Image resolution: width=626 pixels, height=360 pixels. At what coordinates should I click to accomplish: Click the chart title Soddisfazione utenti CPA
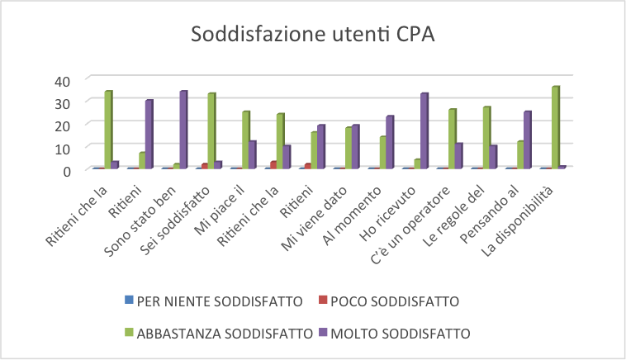click(x=313, y=36)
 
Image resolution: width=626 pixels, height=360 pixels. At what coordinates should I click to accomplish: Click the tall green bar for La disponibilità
click(x=556, y=127)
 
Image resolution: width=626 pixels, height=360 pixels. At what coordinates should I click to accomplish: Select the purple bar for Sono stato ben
click(x=183, y=130)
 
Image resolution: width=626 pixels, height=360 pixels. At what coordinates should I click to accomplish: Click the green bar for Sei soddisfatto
click(x=211, y=130)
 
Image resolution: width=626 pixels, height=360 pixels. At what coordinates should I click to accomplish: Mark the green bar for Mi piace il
click(x=245, y=140)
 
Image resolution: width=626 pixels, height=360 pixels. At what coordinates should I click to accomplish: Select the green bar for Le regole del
click(x=486, y=137)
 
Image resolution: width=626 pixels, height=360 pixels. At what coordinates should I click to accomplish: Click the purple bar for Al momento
click(x=390, y=142)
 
